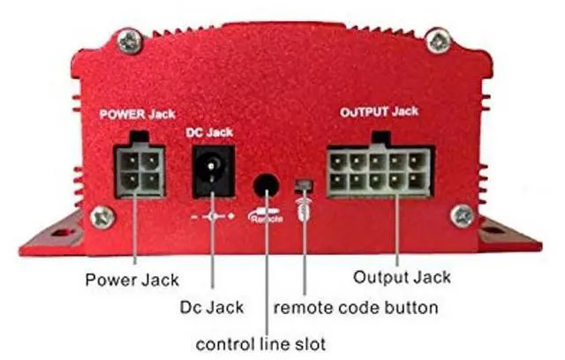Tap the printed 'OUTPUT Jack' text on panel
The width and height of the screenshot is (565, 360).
pos(380,113)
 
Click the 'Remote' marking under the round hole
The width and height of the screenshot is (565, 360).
pos(267,215)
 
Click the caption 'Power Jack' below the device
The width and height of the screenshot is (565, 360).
pos(132,280)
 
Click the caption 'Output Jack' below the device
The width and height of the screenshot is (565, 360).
pos(402,277)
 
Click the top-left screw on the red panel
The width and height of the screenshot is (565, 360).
pos(130,38)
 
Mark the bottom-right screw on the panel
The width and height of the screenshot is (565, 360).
pos(460,214)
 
